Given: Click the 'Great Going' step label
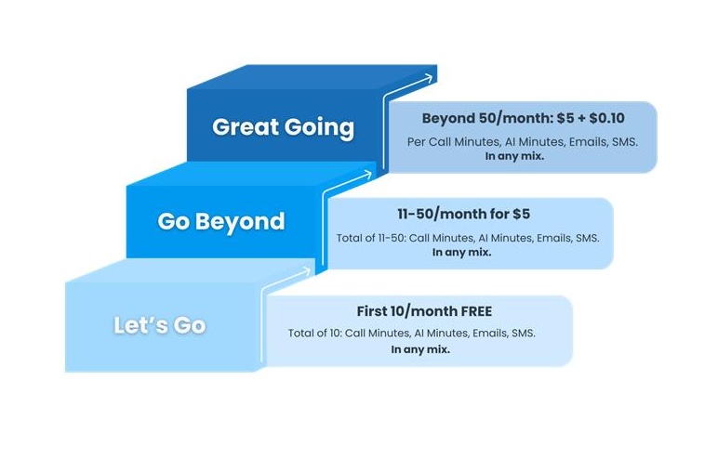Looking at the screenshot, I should pyautogui.click(x=283, y=126).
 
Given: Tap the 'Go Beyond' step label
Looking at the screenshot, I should pyautogui.click(x=221, y=221).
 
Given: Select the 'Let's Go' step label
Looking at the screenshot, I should pyautogui.click(x=159, y=325).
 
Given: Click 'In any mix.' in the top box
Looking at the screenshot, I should pyautogui.click(x=514, y=156).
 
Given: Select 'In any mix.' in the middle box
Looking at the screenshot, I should pyautogui.click(x=461, y=252).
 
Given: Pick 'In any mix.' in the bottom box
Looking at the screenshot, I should pyautogui.click(x=420, y=349).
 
